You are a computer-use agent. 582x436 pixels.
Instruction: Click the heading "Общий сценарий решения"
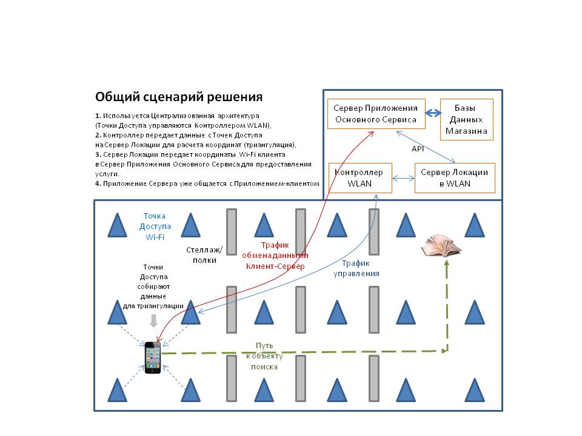[x=179, y=97]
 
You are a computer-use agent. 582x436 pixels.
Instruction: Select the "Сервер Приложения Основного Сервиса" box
[x=376, y=114]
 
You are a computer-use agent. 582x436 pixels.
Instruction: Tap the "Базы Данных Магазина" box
[x=467, y=119]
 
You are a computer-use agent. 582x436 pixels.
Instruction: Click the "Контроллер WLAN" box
[x=360, y=178]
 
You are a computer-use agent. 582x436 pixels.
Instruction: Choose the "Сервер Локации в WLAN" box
[x=455, y=178]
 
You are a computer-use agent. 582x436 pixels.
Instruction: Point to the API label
[x=418, y=149]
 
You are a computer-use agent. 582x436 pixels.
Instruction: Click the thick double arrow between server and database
[x=433, y=113]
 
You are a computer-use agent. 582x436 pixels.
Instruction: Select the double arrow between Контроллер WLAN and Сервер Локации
[x=404, y=179]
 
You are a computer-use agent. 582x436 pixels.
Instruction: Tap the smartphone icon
[x=153, y=357]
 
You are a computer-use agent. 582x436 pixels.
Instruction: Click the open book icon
[x=441, y=245]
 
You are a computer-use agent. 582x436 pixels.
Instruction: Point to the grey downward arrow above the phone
[x=153, y=321]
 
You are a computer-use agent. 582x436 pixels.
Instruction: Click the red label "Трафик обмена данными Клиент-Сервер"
[x=275, y=256]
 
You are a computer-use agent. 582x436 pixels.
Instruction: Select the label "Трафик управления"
[x=356, y=268]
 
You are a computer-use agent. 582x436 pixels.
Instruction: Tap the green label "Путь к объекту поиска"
[x=264, y=356]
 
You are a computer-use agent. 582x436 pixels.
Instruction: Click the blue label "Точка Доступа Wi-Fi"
[x=155, y=226]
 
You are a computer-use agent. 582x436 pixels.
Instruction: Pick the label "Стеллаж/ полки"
[x=204, y=255]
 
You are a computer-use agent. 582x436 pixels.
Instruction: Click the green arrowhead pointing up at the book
[x=447, y=262]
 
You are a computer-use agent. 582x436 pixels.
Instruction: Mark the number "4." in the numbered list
[x=98, y=183]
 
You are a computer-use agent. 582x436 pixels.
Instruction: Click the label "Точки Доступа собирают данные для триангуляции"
[x=153, y=286]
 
